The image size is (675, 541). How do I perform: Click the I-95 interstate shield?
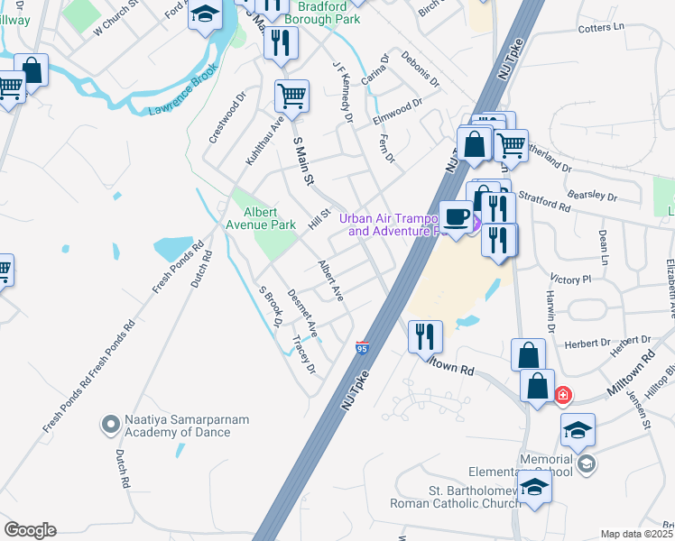362,347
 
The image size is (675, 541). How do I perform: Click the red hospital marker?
563,395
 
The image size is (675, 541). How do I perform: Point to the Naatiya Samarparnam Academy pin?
110,423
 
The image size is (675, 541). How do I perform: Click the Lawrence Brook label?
183,101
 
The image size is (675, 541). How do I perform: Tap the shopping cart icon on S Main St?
291,95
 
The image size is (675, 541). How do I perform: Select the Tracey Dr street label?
304,354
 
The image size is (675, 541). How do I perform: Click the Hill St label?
317,217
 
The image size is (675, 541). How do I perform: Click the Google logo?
30,529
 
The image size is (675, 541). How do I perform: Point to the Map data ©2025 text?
635,534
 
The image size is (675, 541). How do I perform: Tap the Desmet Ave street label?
302,312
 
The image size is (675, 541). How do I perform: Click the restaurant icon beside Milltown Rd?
424,337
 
